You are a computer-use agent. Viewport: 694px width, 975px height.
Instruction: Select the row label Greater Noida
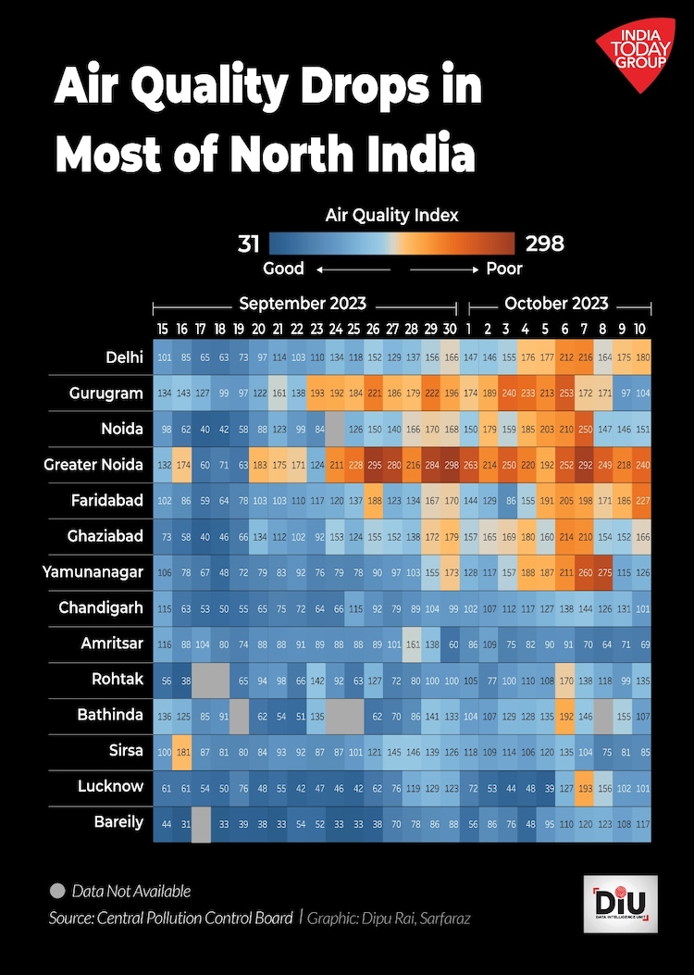(93, 465)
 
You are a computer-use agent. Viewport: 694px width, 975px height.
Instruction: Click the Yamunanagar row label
(93, 572)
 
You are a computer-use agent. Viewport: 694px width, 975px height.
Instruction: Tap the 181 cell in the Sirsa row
(182, 750)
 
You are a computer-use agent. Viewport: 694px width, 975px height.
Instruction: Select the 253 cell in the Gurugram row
(564, 394)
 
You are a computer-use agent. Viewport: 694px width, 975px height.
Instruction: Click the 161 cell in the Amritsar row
(413, 644)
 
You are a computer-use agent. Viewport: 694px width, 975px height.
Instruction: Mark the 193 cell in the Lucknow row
(584, 786)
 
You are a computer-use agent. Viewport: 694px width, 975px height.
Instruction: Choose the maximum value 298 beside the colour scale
(544, 244)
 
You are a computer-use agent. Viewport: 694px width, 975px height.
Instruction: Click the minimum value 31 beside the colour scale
(248, 244)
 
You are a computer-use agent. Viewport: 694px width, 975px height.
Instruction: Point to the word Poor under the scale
(504, 269)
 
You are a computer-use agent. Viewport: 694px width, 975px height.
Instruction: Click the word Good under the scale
(283, 269)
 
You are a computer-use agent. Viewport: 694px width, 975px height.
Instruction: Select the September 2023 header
(303, 304)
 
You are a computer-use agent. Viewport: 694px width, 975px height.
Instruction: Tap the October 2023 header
(556, 304)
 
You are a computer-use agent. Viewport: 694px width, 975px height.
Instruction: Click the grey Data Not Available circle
(57, 892)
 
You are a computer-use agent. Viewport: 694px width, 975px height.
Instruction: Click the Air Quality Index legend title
(391, 216)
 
